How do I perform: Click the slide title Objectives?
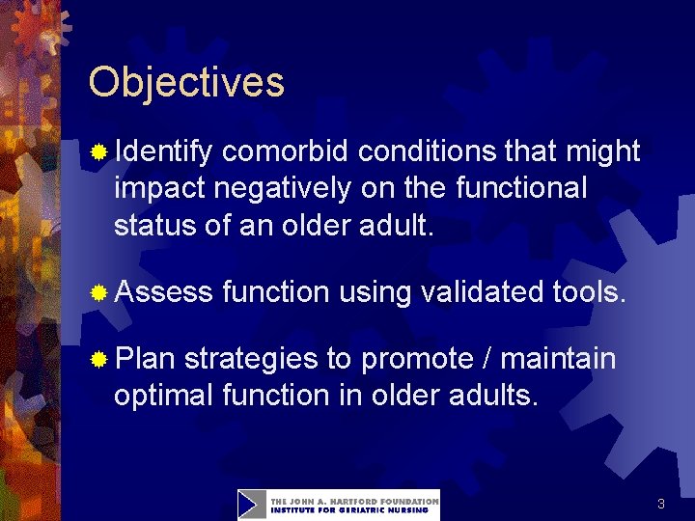point(186,82)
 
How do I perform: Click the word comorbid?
point(287,151)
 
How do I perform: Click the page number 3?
point(661,504)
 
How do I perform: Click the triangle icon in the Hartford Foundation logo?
point(252,505)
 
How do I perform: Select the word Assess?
point(163,292)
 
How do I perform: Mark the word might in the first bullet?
point(602,152)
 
